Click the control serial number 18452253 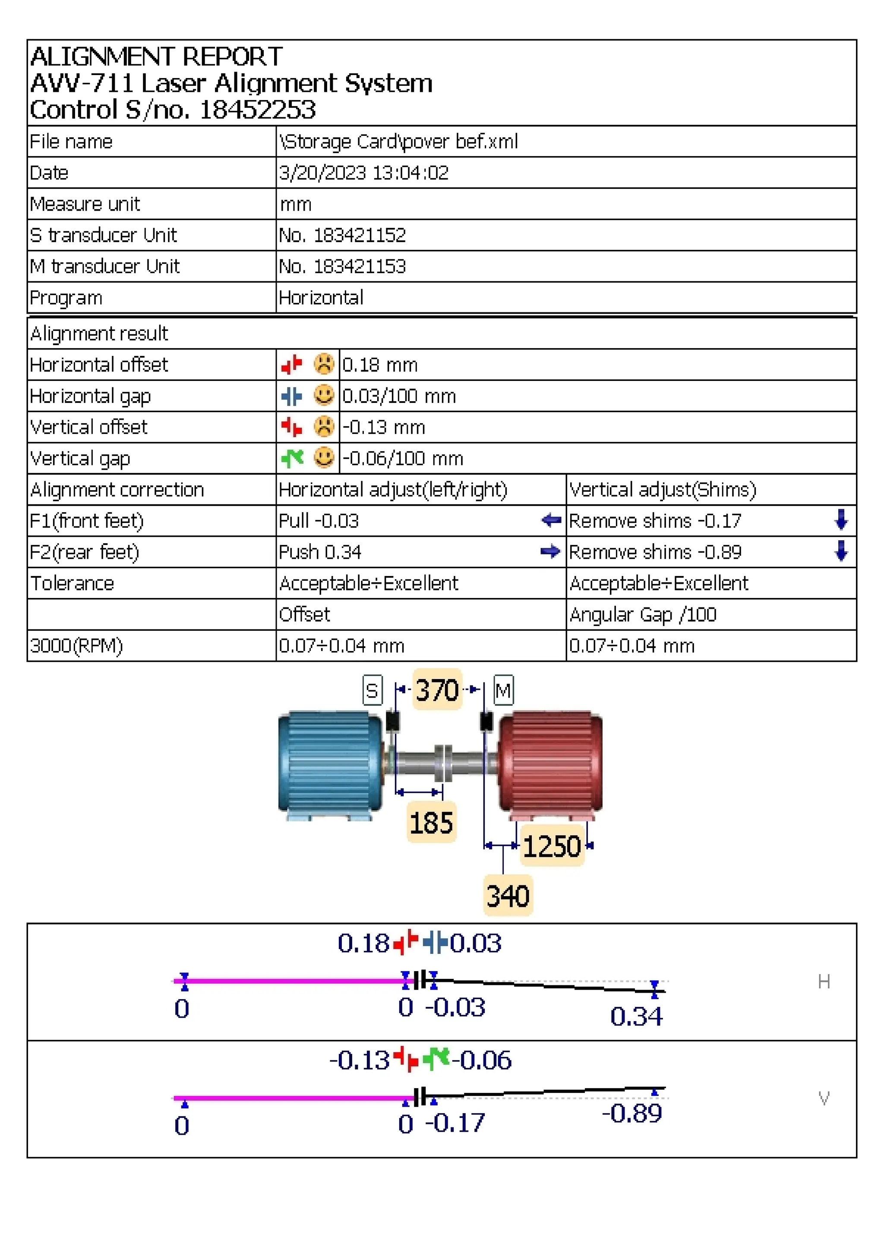click(x=257, y=110)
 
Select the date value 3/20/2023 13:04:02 click(x=363, y=173)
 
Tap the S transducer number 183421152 click(x=359, y=235)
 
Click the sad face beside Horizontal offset click(x=324, y=364)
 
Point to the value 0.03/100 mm click(x=398, y=396)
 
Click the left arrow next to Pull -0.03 click(x=551, y=521)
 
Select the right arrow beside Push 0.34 click(x=550, y=552)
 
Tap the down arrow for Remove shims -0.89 click(x=841, y=551)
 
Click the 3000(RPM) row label click(x=76, y=646)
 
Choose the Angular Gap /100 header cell click(x=642, y=615)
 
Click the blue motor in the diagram click(x=329, y=761)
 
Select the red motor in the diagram click(x=551, y=761)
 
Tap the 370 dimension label click(x=437, y=690)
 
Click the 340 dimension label click(x=507, y=896)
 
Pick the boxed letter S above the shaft click(x=373, y=691)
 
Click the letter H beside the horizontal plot click(x=824, y=982)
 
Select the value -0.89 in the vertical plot click(x=632, y=1114)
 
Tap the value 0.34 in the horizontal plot click(x=636, y=1016)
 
